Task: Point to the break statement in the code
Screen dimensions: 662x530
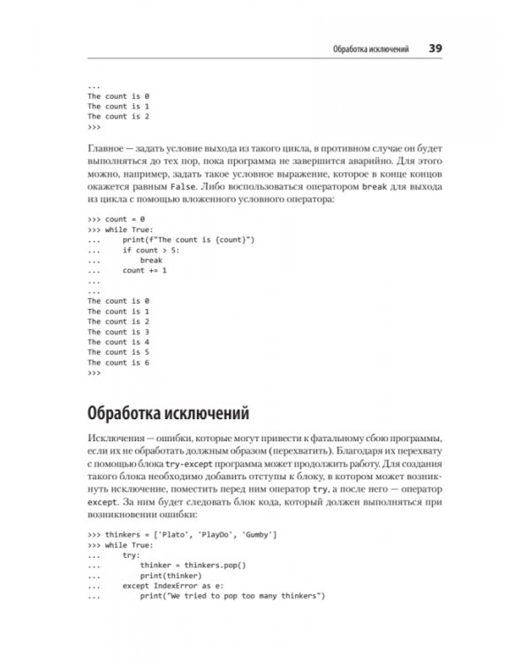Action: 151,260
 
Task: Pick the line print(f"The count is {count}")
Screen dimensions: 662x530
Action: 189,239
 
